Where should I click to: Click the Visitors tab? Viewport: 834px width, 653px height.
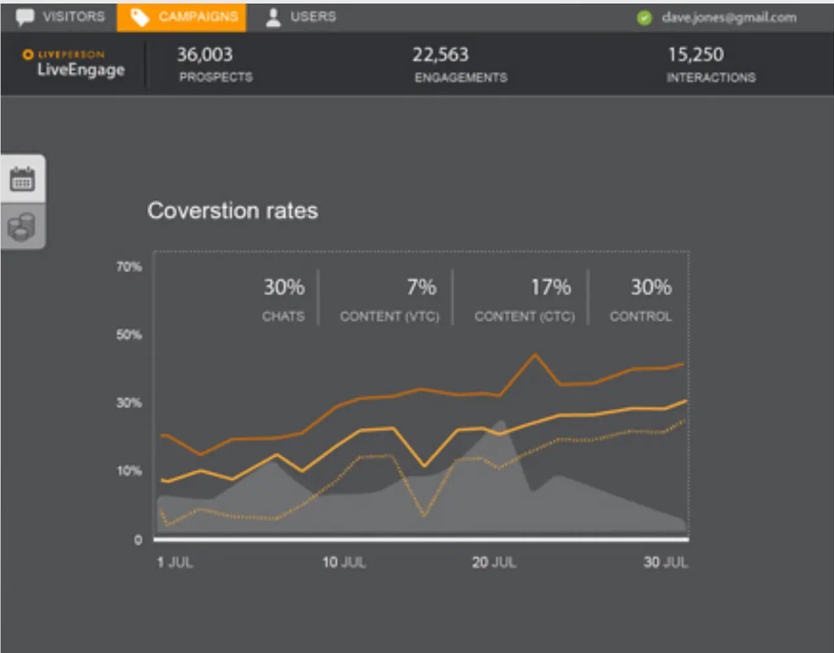[62, 17]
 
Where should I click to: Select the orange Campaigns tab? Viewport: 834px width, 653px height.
[182, 17]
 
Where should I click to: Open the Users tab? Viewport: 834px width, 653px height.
[302, 17]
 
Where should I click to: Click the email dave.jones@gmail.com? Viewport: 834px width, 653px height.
[729, 18]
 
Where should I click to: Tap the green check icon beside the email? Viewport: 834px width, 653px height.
[644, 18]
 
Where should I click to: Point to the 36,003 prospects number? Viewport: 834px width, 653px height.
[205, 55]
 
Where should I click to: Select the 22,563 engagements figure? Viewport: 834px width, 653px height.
[440, 55]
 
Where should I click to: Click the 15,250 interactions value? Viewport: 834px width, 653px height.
[696, 55]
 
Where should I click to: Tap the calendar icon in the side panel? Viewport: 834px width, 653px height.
[23, 179]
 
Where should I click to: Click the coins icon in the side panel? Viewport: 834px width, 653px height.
[23, 227]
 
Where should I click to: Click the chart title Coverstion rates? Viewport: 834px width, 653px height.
[232, 210]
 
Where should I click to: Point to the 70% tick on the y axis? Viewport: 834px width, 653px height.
[129, 267]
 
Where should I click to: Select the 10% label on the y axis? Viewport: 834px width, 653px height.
[129, 471]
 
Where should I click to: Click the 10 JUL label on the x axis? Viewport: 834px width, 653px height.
[344, 562]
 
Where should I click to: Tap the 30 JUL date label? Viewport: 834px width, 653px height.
[665, 562]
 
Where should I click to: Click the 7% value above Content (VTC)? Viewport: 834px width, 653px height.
[422, 287]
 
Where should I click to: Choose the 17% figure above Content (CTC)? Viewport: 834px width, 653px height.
[551, 287]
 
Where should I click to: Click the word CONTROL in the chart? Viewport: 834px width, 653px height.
[641, 317]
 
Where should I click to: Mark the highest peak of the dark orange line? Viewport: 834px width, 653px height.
[535, 354]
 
